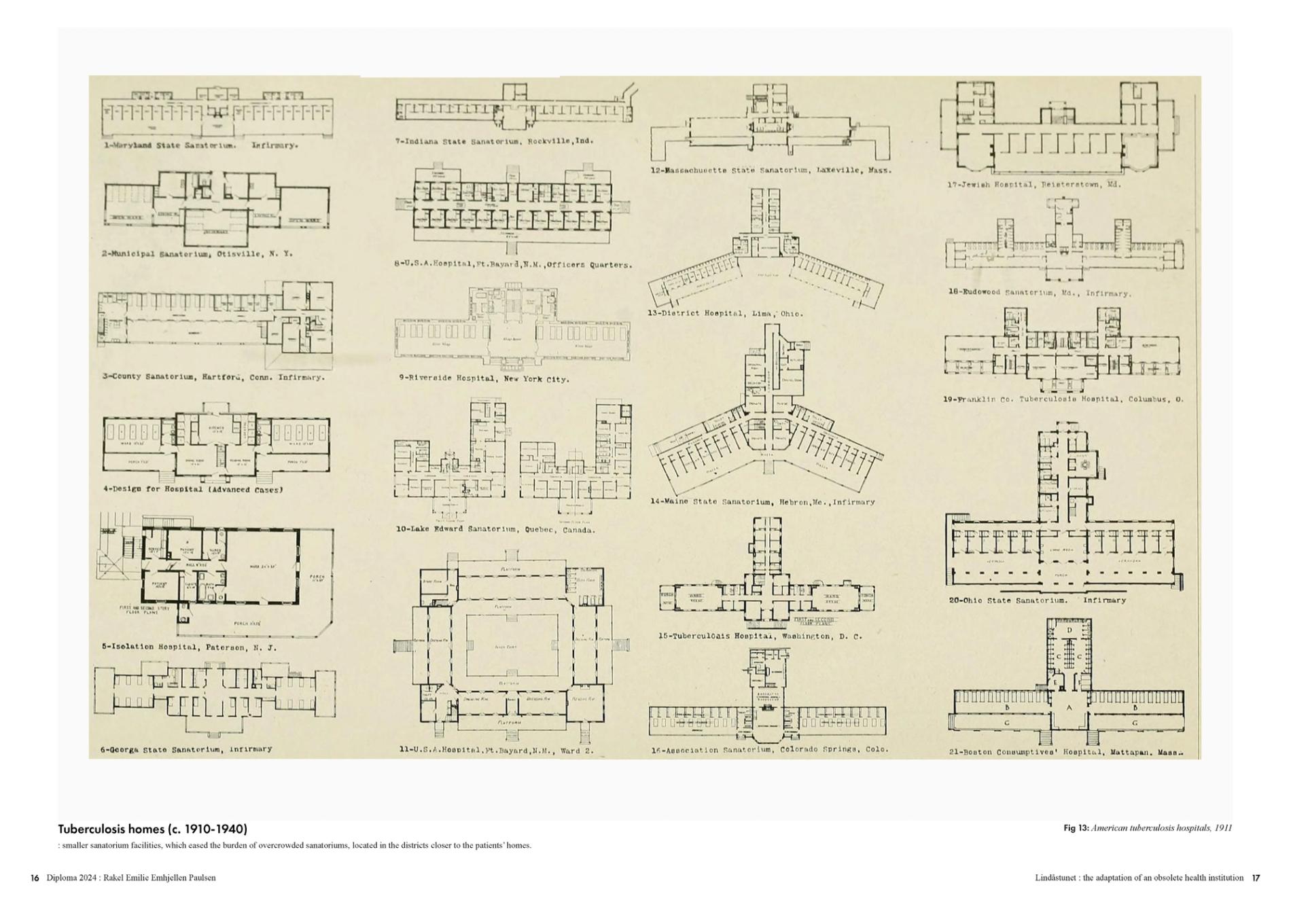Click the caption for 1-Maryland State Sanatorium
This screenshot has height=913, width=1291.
click(x=200, y=145)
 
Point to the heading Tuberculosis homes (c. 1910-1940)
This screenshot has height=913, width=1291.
click(x=152, y=829)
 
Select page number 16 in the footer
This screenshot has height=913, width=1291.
click(x=35, y=878)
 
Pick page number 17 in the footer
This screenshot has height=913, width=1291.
click(x=1256, y=878)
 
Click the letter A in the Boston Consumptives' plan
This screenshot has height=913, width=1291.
click(x=1069, y=708)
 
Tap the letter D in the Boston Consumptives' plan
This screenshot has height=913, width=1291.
click(x=1069, y=630)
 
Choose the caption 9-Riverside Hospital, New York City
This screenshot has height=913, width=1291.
click(x=484, y=378)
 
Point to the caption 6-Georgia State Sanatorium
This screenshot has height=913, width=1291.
click(x=186, y=749)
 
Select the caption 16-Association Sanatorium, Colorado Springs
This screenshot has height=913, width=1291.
click(x=769, y=750)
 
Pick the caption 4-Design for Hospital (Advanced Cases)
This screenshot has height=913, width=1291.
click(x=193, y=489)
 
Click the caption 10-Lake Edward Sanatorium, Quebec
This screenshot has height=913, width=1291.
click(x=495, y=529)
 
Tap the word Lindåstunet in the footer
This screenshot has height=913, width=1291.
click(x=1053, y=878)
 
